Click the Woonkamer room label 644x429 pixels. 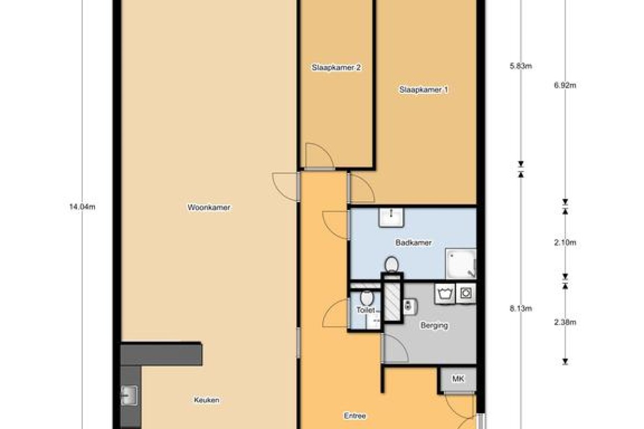209,207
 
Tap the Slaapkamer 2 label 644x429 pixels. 336,68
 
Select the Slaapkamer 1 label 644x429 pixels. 423,90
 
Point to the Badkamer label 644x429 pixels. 413,242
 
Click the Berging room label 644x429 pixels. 434,326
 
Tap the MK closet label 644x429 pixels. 458,379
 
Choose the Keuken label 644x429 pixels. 207,400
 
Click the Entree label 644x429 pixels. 355,416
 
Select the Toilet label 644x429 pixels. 365,310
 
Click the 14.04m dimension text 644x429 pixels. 82,206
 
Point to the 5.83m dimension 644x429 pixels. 521,66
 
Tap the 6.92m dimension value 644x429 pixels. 565,85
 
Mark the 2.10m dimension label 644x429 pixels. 565,242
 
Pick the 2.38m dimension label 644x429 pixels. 565,322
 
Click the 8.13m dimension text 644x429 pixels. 521,308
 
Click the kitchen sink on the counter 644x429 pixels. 129,395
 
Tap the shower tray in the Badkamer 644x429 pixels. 460,264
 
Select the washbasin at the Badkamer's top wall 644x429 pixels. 391,218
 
